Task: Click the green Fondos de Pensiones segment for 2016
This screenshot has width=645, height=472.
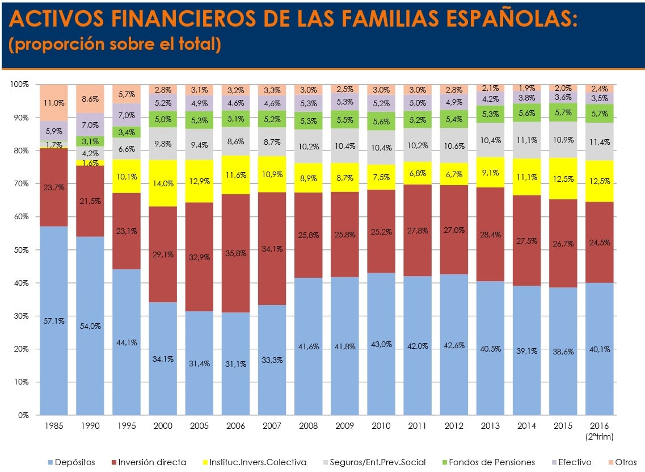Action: click(600, 114)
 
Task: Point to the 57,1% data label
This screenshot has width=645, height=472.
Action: click(54, 321)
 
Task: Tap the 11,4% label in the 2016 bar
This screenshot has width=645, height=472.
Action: click(600, 142)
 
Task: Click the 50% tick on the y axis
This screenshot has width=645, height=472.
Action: click(22, 250)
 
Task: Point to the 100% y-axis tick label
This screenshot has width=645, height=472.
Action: click(19, 85)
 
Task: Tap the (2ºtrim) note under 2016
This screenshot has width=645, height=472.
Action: click(600, 437)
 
